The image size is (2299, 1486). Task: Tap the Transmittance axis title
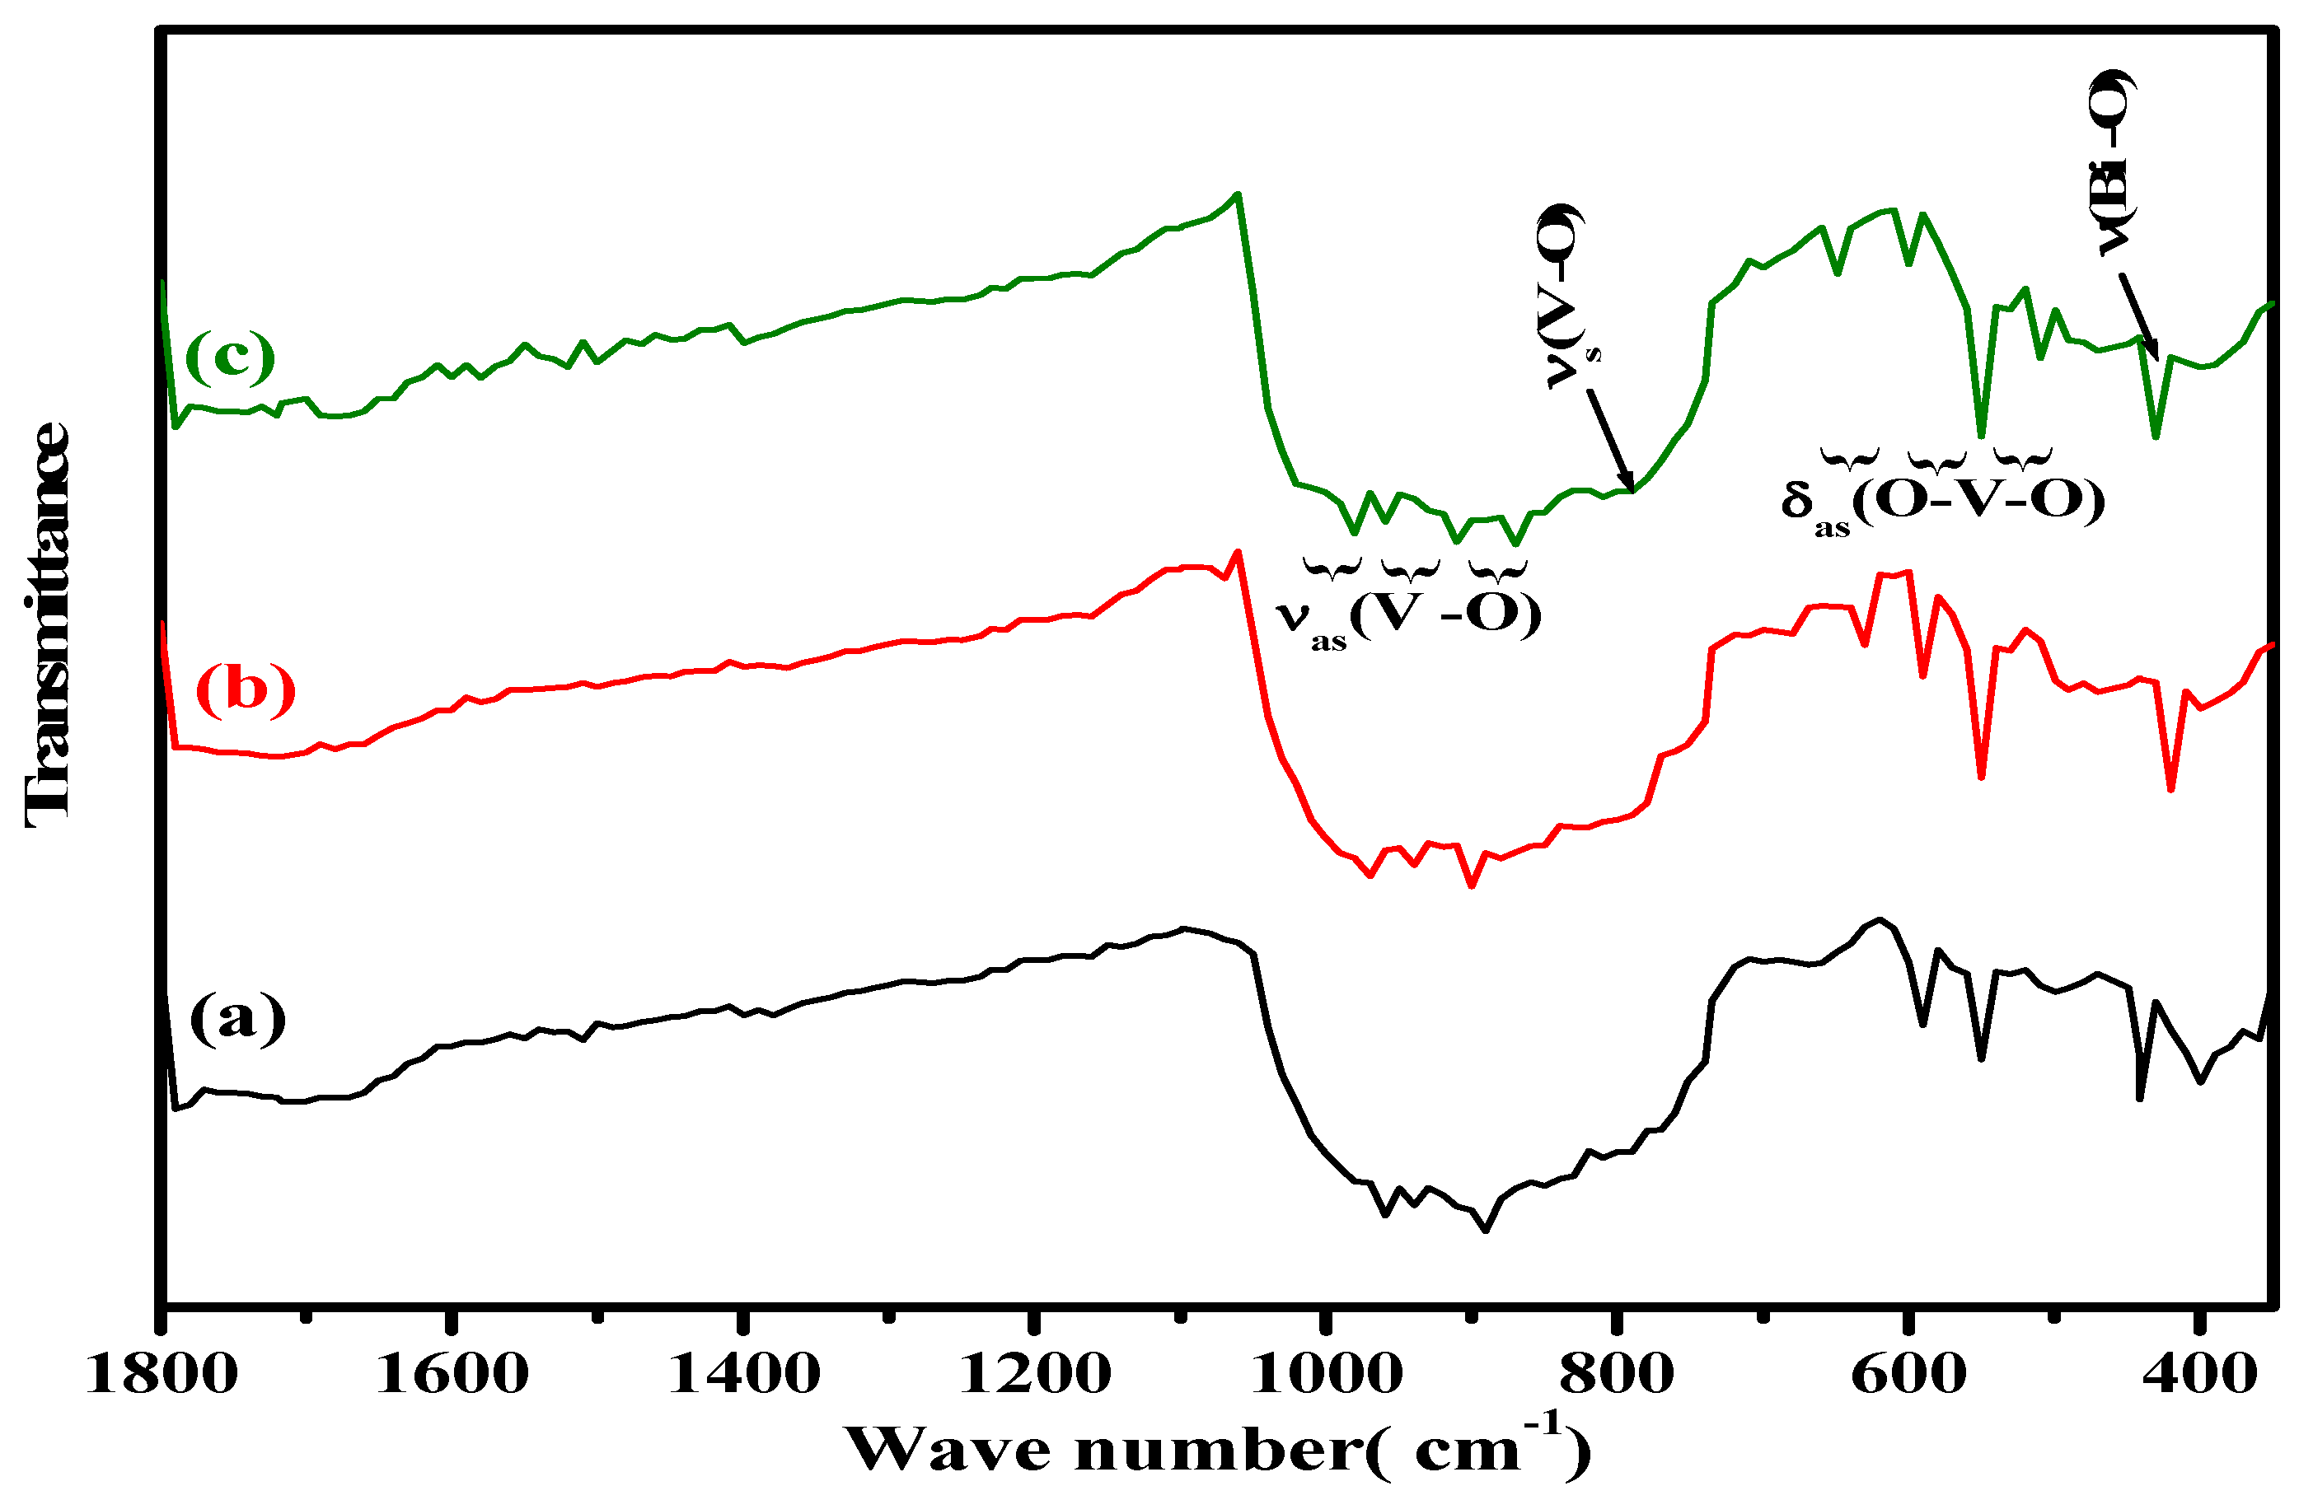(x=46, y=627)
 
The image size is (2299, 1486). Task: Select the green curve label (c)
(x=230, y=356)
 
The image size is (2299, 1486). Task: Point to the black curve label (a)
(x=237, y=1017)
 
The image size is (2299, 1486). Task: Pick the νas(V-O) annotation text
(x=1408, y=614)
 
